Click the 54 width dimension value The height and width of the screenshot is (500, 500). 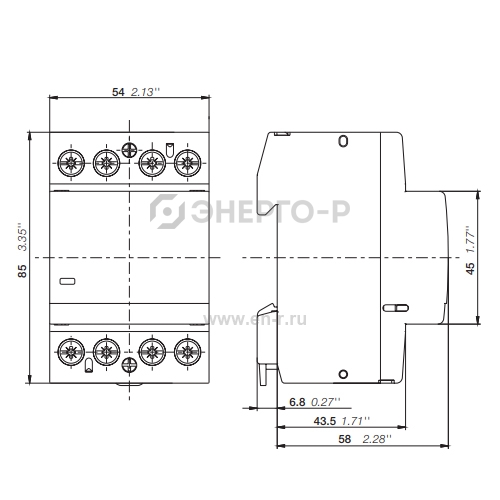coord(118,92)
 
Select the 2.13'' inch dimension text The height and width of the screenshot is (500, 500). coord(145,92)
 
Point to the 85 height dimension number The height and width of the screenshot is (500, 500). coord(22,271)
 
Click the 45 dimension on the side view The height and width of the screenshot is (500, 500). coord(470,268)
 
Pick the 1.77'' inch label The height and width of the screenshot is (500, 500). coord(470,239)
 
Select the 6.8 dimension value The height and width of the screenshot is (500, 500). coord(297,402)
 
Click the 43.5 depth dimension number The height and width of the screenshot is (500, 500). coord(325,421)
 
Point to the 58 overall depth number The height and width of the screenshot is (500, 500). coord(345,439)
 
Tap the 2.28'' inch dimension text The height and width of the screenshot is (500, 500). coord(377,439)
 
